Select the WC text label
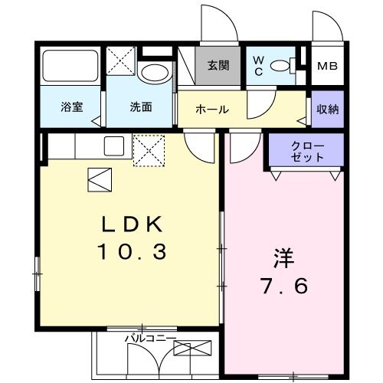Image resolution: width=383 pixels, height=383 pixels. pos(258,66)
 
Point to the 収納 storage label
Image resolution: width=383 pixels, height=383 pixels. pos(328,109)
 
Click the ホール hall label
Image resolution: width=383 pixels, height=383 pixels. pos(212,110)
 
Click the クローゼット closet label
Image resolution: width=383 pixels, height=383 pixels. pos(307,151)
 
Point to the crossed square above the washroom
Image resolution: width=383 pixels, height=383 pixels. pos(120,60)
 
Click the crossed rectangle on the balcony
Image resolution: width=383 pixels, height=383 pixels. pos(191,349)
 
